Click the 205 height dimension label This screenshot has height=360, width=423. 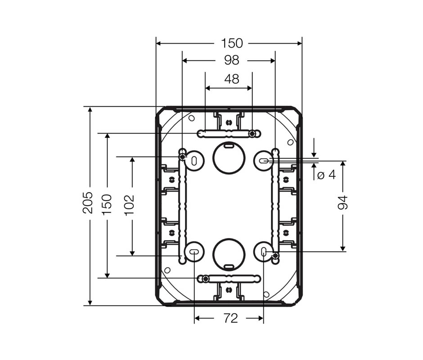[x=88, y=202]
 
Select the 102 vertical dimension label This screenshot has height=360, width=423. [x=129, y=205]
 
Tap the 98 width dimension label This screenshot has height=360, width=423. [x=231, y=60]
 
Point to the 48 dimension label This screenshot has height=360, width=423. [x=231, y=79]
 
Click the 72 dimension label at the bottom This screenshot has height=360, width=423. [x=231, y=319]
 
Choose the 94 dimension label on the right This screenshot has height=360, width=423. [x=343, y=202]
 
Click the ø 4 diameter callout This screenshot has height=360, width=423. [x=327, y=175]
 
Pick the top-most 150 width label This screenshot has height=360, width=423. [x=232, y=43]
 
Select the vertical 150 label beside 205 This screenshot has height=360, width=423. [x=107, y=204]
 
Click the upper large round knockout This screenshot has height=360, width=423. [x=229, y=158]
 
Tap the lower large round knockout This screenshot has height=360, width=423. [x=229, y=255]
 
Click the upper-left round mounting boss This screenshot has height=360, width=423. [x=194, y=161]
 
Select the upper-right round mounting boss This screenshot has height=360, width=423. [x=264, y=161]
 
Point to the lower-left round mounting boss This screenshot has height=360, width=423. [x=194, y=252]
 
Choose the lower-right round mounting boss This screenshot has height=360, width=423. [x=264, y=252]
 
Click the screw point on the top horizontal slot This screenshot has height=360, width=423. [x=252, y=134]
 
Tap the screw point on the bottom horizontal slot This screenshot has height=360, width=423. [x=206, y=279]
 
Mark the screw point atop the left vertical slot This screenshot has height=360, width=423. [x=183, y=157]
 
